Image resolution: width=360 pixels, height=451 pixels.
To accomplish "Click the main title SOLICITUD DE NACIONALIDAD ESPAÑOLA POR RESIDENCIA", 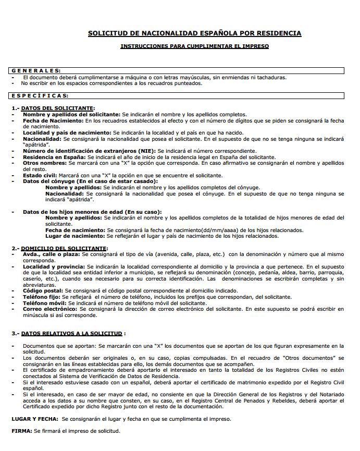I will (194, 33).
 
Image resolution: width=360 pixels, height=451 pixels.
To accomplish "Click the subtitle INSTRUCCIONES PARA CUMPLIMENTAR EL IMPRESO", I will (194, 46).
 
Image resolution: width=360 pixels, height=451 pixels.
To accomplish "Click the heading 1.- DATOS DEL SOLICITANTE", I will (53, 108).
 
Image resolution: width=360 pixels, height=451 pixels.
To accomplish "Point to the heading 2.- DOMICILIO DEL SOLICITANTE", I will (59, 248).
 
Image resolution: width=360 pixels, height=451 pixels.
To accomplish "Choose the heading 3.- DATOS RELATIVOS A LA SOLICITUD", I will (68, 333).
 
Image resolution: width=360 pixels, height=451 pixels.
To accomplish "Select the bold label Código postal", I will (44, 290).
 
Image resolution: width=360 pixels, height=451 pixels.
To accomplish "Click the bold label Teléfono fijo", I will (43, 297).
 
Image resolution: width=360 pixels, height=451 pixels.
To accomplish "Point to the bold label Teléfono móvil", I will (44, 303).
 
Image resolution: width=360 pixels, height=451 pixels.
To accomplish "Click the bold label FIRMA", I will (22, 431).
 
